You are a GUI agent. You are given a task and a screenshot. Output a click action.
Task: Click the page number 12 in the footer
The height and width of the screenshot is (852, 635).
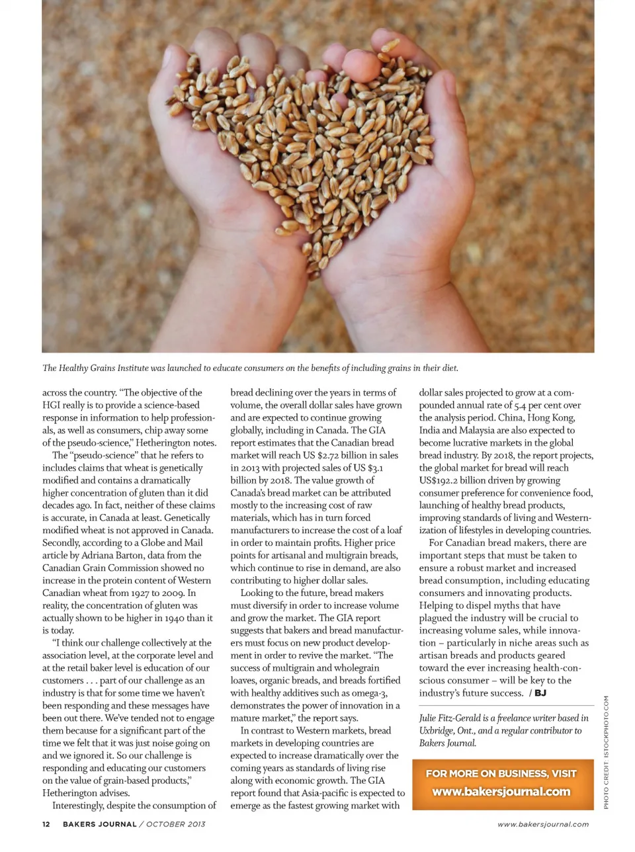[46, 824]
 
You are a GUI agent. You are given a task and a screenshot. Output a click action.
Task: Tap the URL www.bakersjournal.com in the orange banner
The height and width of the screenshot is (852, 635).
[501, 791]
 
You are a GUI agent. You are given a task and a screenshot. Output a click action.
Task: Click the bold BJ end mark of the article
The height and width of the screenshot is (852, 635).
[540, 693]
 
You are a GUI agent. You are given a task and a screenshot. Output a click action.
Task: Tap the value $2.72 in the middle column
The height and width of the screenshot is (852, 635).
[331, 455]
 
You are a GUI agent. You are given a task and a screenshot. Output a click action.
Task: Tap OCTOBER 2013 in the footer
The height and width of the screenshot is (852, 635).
[175, 824]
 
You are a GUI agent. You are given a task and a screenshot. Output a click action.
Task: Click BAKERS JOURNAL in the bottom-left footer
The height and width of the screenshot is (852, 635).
[99, 824]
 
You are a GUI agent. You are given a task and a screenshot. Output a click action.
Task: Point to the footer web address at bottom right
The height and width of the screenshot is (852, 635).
[542, 824]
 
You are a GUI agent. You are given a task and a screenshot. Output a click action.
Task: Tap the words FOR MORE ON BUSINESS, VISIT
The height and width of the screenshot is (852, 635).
[501, 773]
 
